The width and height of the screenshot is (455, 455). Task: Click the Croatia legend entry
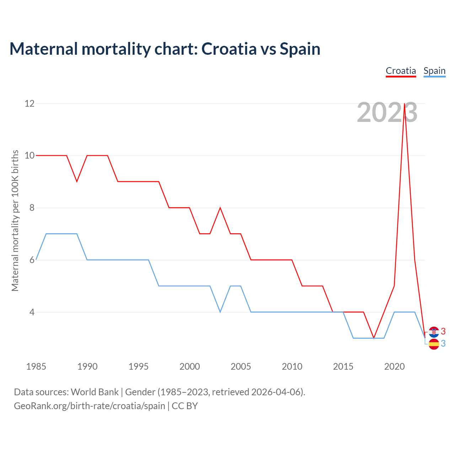[x=401, y=71]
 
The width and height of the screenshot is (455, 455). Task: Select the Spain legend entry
[x=434, y=71]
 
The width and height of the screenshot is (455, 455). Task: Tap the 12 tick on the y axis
[x=30, y=103]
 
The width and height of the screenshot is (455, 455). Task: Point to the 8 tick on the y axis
[x=32, y=208]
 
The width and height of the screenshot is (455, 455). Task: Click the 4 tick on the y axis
[x=32, y=312]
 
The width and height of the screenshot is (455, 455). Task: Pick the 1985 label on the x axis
[x=36, y=366]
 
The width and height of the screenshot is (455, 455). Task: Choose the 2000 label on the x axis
[x=189, y=366]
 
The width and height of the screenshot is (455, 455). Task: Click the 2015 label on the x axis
[x=343, y=366]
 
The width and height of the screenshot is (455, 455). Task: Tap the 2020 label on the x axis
[x=394, y=366]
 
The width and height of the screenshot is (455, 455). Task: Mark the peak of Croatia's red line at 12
[x=405, y=104]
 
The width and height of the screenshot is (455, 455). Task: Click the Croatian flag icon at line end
[x=434, y=332]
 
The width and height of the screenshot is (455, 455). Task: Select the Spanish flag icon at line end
[x=434, y=344]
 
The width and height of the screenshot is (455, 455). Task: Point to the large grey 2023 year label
[x=387, y=113]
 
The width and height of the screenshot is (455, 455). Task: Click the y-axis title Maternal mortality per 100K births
[x=15, y=220]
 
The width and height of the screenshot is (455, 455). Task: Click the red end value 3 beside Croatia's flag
[x=443, y=331]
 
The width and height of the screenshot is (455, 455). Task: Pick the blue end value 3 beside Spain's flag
[x=443, y=343]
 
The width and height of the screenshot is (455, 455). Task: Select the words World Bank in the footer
[x=95, y=392]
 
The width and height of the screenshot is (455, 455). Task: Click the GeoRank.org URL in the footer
[x=90, y=406]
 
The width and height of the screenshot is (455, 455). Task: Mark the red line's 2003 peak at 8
[x=220, y=208]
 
